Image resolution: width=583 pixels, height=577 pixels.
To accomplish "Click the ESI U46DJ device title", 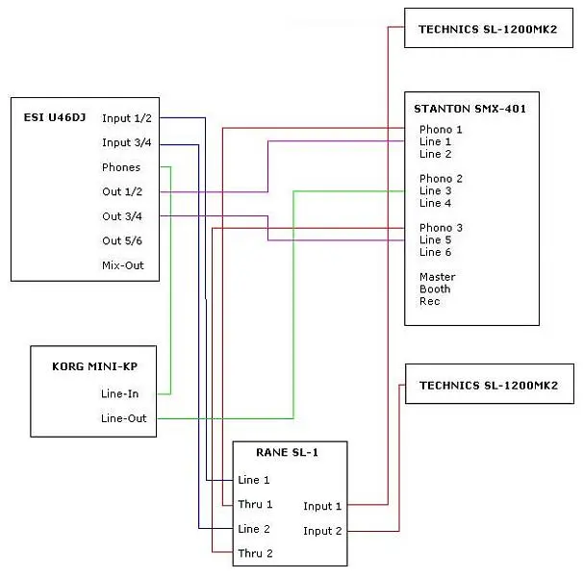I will point(54,118).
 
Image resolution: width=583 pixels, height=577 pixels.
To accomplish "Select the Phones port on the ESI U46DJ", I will point(121,167).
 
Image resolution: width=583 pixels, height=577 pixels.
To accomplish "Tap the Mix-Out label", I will point(123,264).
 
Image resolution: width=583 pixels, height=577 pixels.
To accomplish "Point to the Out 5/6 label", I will point(122,240).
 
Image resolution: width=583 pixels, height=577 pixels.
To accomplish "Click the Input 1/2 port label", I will point(127,118).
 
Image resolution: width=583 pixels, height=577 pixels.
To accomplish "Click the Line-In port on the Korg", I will point(121,393).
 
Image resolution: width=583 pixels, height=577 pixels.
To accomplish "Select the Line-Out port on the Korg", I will point(124,418).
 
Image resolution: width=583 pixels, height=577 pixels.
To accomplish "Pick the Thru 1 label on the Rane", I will point(255,504).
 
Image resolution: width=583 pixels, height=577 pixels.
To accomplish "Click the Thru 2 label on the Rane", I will point(255,553).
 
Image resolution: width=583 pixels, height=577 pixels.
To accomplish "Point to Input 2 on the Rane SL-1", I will point(322,531).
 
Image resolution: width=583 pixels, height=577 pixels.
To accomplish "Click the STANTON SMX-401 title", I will point(469,109).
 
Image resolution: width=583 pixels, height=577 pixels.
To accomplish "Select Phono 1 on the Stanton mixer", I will point(441,129).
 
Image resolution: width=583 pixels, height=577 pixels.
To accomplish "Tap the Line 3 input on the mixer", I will point(436,190).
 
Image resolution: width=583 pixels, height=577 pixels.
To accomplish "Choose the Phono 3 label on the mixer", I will point(441,228).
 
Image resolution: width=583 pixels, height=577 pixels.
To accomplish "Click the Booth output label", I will point(435,288).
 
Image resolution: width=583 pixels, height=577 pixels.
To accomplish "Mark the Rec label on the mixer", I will point(429,301).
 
